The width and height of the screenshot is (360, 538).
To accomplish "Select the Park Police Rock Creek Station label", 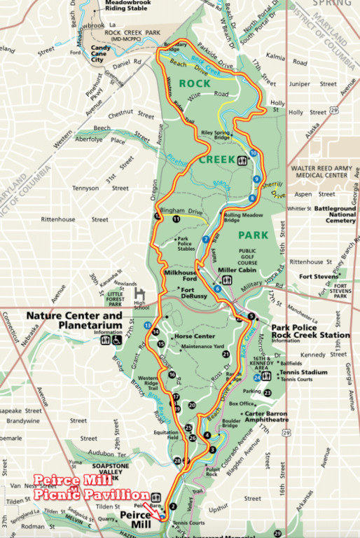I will click(310, 331).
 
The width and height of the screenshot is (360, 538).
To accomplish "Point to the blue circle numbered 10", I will click(253, 153).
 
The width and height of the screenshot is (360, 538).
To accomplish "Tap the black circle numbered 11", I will click(176, 219).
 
